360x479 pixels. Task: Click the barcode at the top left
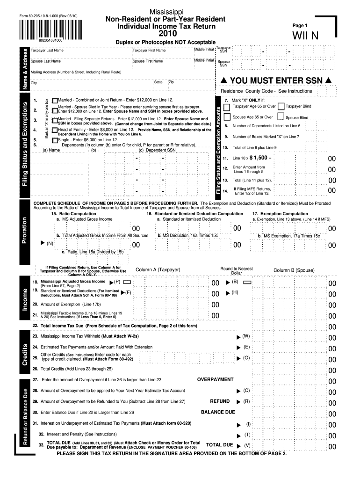(x=42, y=31)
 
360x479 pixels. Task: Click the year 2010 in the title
(x=168, y=34)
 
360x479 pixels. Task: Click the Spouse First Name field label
(x=148, y=61)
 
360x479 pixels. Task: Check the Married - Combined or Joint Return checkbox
(x=56, y=100)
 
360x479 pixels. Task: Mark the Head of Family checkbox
(x=56, y=129)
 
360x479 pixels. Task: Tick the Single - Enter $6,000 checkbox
(x=56, y=140)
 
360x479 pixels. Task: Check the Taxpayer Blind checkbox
(x=281, y=107)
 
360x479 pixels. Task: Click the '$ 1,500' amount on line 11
(x=259, y=158)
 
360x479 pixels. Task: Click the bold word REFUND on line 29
(x=220, y=401)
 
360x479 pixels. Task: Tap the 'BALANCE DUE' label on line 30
(x=218, y=412)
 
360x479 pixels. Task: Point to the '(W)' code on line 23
(x=246, y=336)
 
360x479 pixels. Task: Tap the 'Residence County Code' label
(x=266, y=91)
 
